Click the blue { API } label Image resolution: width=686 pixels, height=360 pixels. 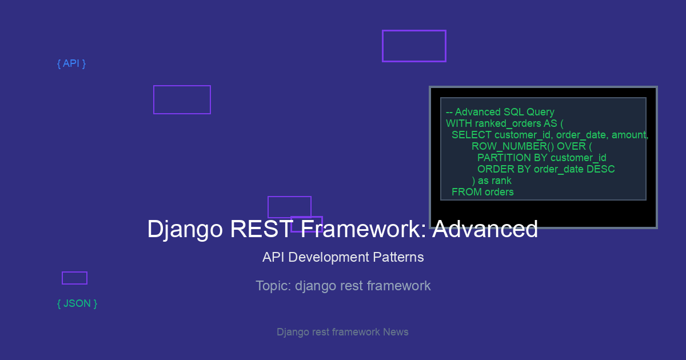[x=71, y=63]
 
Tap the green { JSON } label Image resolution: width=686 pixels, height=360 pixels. [x=77, y=303]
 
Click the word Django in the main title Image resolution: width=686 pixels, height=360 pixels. [x=185, y=229]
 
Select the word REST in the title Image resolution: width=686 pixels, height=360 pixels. [x=261, y=229]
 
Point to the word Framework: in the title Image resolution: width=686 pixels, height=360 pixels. [x=363, y=229]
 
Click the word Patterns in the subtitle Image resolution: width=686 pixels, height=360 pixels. [x=398, y=257]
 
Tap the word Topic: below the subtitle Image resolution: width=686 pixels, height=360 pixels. [x=273, y=286]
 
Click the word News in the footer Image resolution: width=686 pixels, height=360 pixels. [x=396, y=332]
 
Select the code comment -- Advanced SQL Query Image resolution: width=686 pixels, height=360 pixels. [x=500, y=112]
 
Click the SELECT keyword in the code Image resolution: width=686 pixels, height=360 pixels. [x=471, y=135]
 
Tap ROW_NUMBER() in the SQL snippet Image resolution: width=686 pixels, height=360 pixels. [x=513, y=146]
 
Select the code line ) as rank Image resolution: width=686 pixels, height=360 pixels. [x=492, y=181]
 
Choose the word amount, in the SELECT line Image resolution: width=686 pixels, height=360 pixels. [x=630, y=135]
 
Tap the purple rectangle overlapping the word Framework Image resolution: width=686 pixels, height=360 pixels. [x=306, y=217]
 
